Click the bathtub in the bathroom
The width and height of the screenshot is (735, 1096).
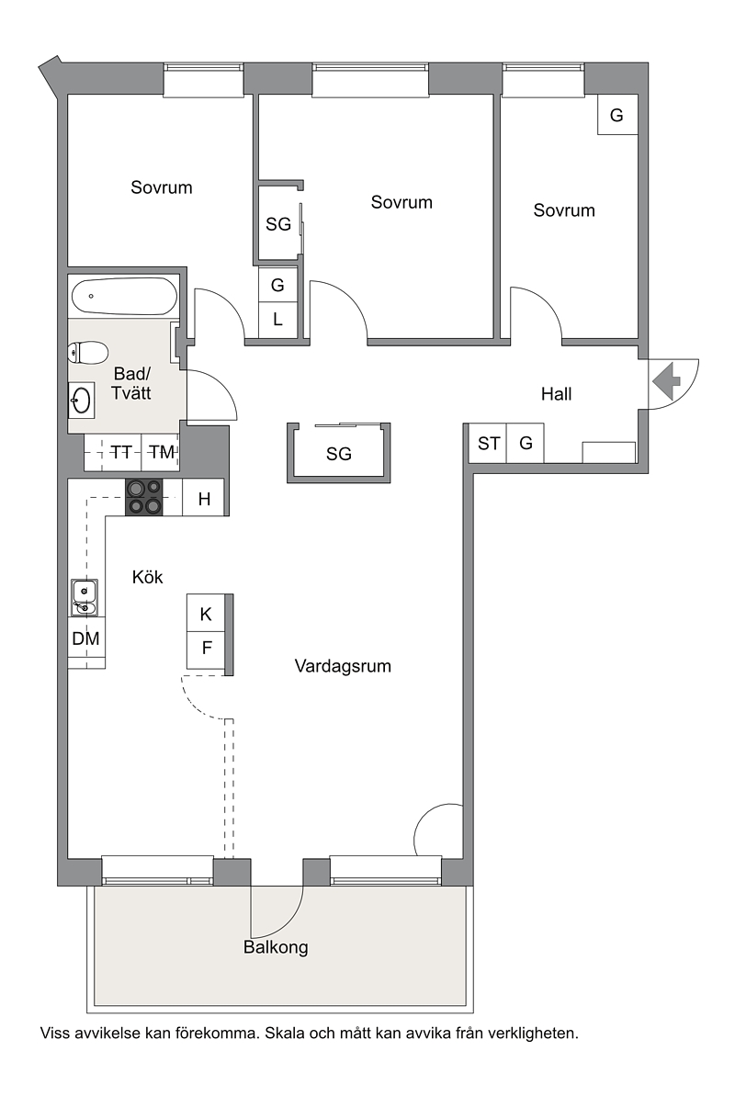124,297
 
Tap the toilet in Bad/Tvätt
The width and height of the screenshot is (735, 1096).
88,352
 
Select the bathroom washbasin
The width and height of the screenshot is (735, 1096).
81,401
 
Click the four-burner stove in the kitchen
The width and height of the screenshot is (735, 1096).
144,497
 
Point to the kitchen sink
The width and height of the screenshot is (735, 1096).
84,598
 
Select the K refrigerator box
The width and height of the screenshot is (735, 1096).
207,613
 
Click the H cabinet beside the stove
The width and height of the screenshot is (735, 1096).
204,498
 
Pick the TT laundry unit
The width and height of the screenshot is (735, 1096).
121,452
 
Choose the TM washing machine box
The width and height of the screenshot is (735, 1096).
162,452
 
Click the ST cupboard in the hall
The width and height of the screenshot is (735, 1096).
488,443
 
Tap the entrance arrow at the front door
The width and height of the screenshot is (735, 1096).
666,381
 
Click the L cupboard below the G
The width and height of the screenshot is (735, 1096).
277,320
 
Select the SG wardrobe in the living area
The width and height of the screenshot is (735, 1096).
338,453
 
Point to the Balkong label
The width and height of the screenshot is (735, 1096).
276,947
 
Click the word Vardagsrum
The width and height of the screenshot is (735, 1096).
343,666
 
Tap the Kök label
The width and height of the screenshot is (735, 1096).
148,577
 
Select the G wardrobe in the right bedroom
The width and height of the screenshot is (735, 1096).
616,115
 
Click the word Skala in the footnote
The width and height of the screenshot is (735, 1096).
282,1034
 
